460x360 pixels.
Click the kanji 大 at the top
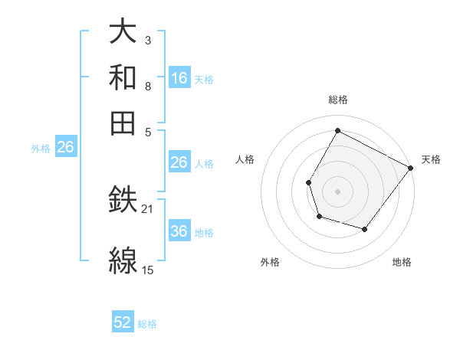point(123,32)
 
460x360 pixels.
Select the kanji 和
point(123,77)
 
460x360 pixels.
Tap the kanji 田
point(123,122)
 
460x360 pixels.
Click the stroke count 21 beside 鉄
point(148,208)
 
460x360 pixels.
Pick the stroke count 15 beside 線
point(148,270)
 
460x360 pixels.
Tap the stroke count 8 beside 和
point(148,86)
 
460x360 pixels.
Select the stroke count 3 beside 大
point(148,40)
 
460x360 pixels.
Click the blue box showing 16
point(179,77)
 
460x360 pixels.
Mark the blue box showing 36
point(179,231)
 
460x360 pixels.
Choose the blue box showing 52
point(123,322)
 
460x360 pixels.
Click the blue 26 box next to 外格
point(65,147)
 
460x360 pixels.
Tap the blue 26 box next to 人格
point(179,162)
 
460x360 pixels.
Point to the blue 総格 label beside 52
point(147,324)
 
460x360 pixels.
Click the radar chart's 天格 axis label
point(431,160)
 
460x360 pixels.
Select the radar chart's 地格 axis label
point(402,263)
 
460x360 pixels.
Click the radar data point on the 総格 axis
point(337,130)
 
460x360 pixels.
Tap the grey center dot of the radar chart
point(337,191)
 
